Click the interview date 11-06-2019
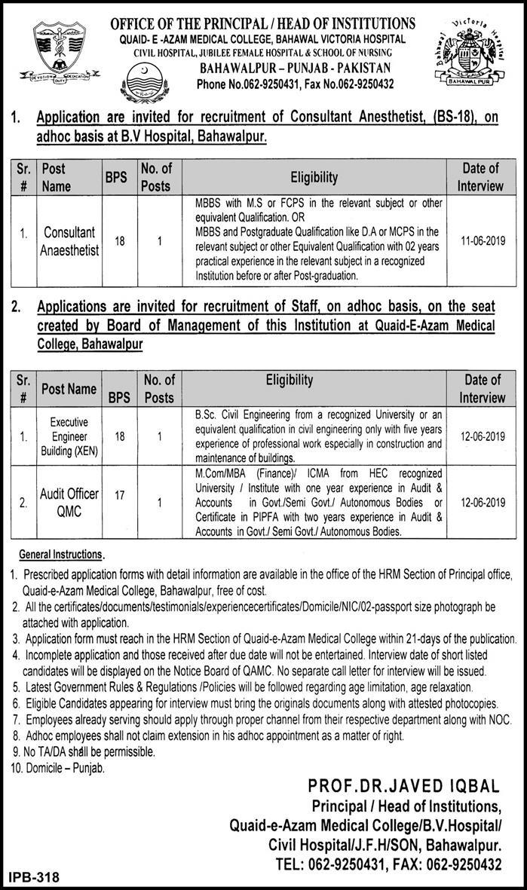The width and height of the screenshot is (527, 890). [x=483, y=240]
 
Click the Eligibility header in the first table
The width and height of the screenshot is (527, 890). [x=315, y=177]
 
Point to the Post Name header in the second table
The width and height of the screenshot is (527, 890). [x=69, y=389]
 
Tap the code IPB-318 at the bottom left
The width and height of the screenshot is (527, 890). [x=33, y=878]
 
